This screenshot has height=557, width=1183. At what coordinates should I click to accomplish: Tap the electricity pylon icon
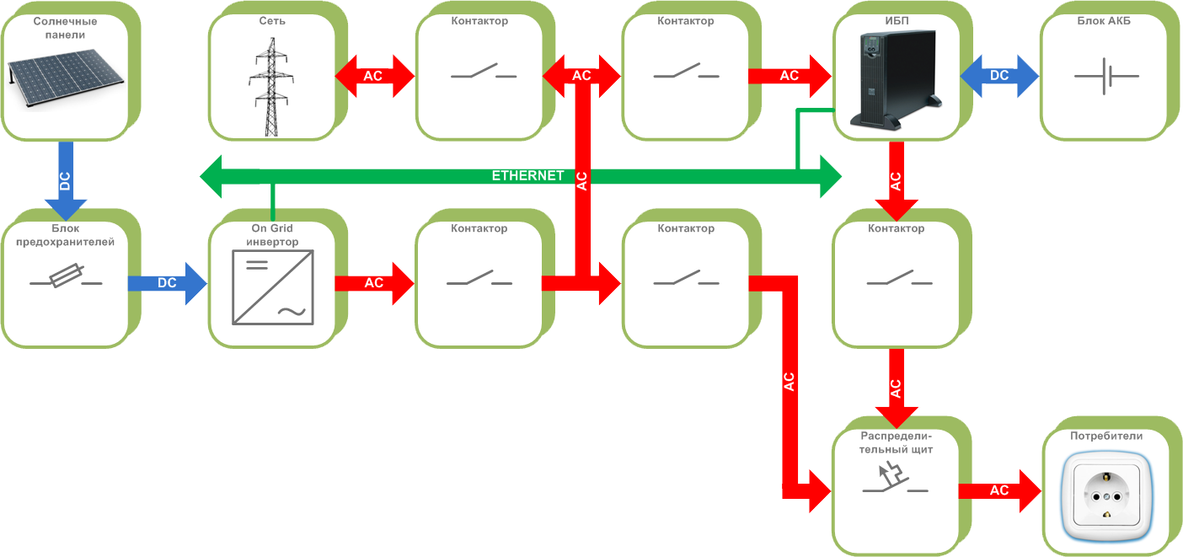(271, 87)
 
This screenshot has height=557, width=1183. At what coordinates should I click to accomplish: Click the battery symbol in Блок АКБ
(1106, 77)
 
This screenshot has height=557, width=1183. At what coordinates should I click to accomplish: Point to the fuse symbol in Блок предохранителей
(66, 279)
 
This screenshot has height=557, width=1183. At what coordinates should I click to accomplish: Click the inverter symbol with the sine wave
(272, 290)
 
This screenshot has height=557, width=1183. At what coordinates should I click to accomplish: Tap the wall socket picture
(1106, 497)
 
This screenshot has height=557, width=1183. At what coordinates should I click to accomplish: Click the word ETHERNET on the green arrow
(527, 176)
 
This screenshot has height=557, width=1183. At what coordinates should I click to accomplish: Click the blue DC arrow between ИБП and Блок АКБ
(999, 76)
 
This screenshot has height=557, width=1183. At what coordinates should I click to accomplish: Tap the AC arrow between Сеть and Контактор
(374, 76)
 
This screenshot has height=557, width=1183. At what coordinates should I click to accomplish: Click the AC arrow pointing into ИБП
(789, 76)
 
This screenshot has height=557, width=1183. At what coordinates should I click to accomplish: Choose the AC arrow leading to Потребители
(999, 490)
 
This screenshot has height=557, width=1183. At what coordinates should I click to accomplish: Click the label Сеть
(271, 21)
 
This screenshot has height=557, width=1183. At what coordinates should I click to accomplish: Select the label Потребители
(1105, 436)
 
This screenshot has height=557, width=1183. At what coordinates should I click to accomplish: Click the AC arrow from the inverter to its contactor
(374, 283)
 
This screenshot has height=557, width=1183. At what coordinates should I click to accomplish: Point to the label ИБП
(896, 21)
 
